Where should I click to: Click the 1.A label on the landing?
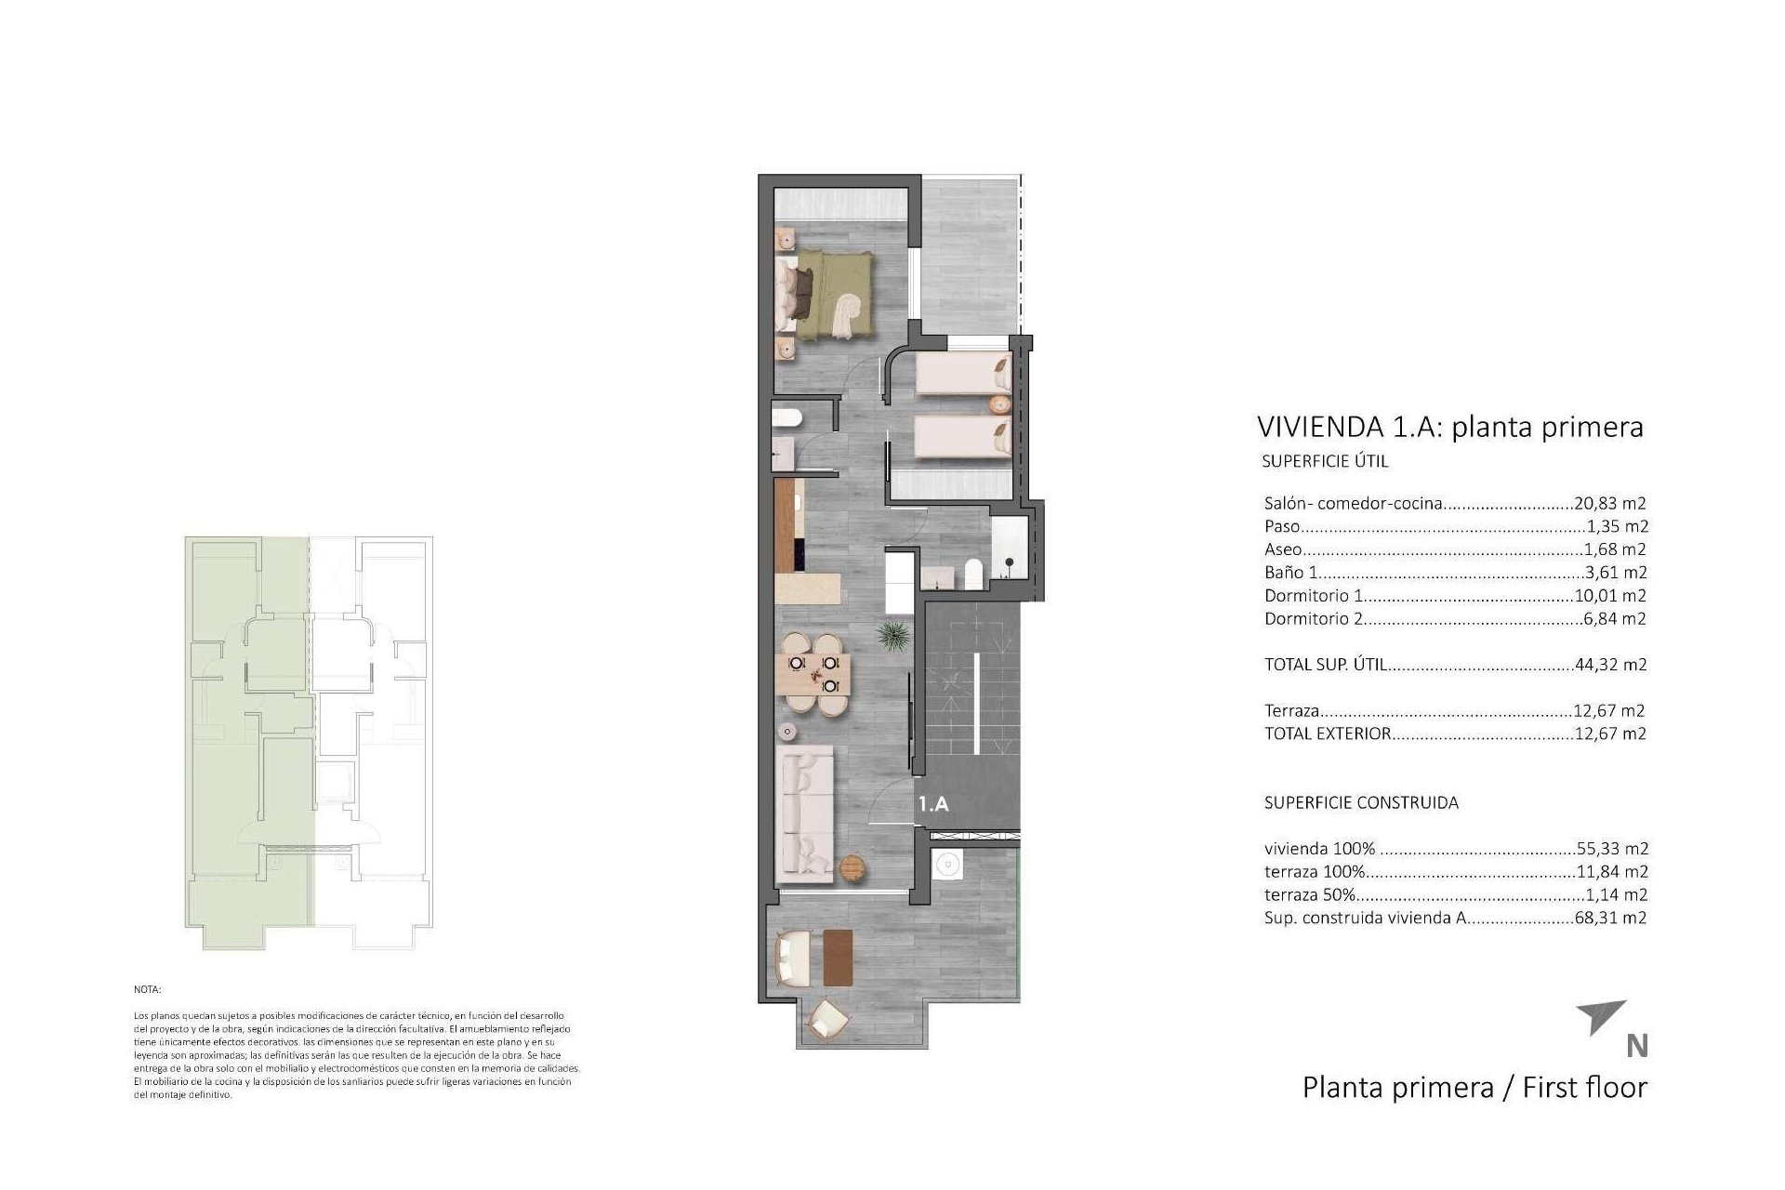(x=933, y=804)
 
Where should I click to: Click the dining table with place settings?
(x=814, y=675)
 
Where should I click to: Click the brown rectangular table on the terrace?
(x=838, y=958)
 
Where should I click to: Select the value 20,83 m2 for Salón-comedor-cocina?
(x=1610, y=504)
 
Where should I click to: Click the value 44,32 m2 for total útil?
(x=1610, y=665)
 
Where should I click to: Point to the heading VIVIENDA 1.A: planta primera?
(x=1449, y=427)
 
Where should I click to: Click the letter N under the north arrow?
(x=1637, y=1046)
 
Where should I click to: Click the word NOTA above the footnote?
(x=148, y=990)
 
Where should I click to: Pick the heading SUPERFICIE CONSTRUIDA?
(x=1361, y=802)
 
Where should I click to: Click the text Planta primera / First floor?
(x=1474, y=1087)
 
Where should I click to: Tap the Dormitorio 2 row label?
(x=1313, y=618)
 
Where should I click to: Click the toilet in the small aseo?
(x=787, y=419)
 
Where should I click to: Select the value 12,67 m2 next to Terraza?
(x=1609, y=710)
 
